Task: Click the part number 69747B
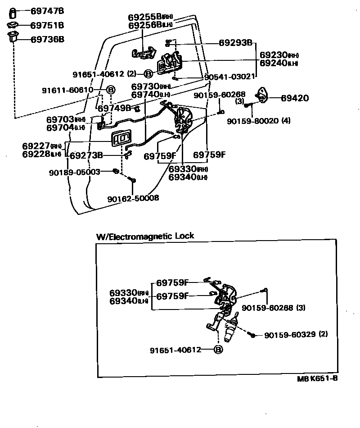[47, 10]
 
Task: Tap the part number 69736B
[47, 39]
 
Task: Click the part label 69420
[295, 98]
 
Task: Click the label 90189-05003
[75, 172]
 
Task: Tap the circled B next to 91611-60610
[110, 90]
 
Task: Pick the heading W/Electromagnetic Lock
[145, 236]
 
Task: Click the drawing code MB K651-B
[317, 378]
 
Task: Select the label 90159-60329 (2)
[296, 335]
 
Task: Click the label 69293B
[235, 43]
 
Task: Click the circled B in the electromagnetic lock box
[218, 350]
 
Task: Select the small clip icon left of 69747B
[13, 11]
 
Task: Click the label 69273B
[86, 156]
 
